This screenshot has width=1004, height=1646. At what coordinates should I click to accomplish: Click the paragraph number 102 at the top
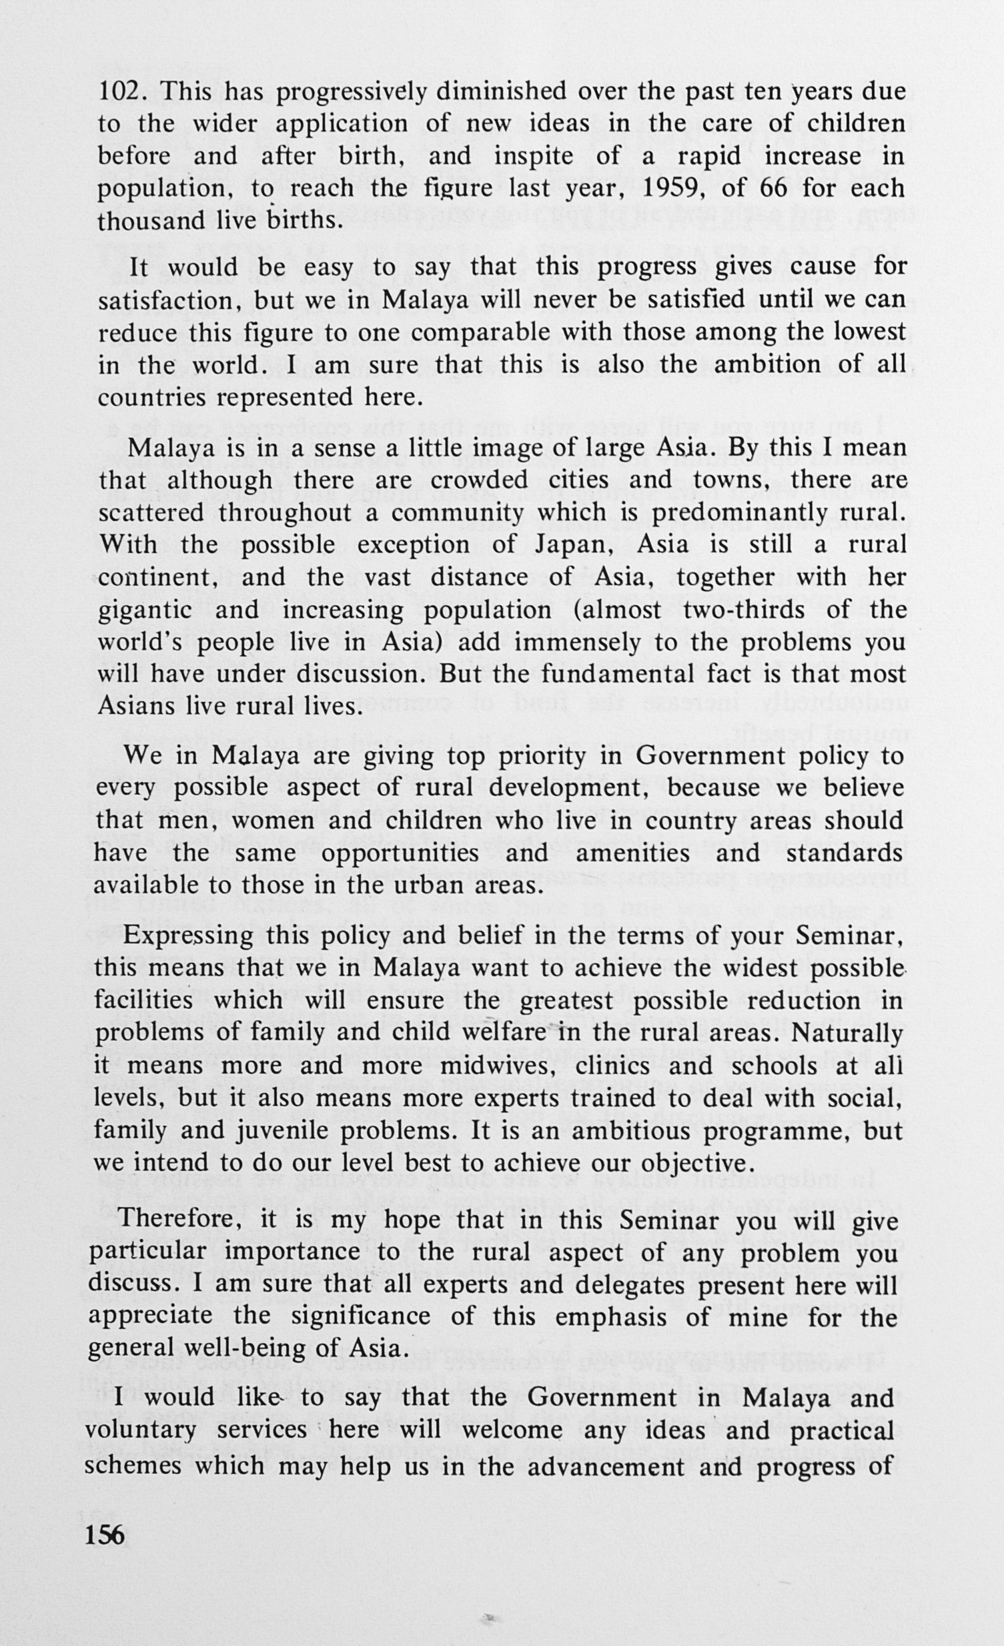click(x=119, y=91)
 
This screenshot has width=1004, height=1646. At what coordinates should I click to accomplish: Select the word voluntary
click(x=139, y=1430)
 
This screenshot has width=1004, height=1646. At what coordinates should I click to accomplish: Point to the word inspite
click(x=532, y=156)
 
